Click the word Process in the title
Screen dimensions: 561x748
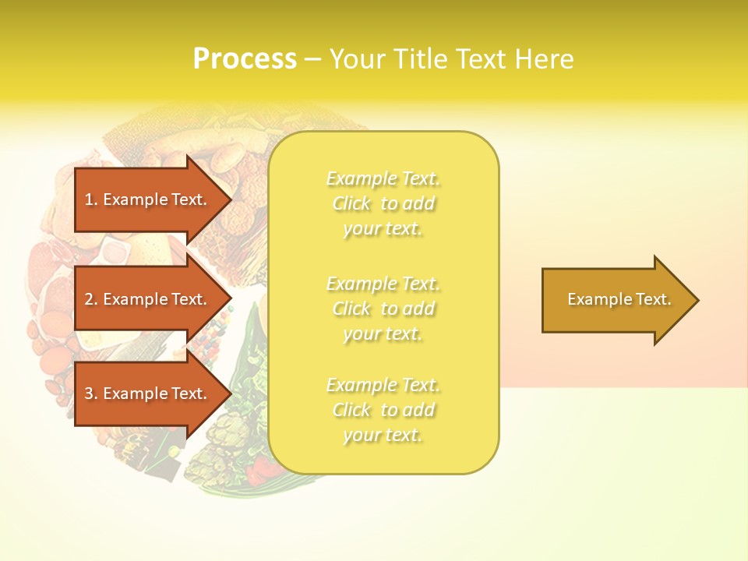(245, 59)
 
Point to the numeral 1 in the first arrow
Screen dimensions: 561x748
(89, 199)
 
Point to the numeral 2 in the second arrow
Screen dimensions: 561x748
(89, 299)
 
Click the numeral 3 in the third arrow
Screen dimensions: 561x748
(89, 393)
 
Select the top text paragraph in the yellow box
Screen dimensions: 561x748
(383, 203)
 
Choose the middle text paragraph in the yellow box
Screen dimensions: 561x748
(383, 309)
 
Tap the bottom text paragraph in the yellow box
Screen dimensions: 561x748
(383, 410)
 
